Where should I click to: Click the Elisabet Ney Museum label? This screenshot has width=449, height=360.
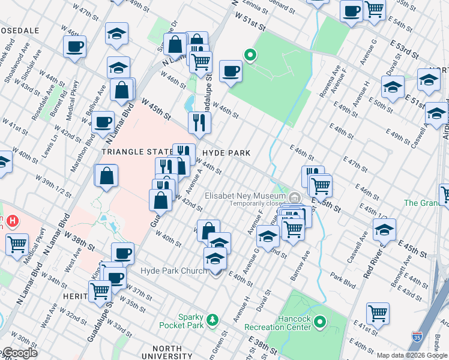click(x=244, y=196)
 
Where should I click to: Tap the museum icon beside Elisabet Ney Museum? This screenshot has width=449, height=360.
click(x=295, y=197)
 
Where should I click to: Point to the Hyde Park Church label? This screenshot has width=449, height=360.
click(x=173, y=271)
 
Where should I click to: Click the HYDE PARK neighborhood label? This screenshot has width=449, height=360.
click(x=227, y=153)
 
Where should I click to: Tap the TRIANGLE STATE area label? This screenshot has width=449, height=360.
click(x=133, y=152)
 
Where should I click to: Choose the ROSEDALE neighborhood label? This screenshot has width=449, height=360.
click(x=20, y=30)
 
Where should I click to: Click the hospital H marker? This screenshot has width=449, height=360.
click(x=12, y=221)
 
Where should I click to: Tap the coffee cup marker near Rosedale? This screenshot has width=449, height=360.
click(x=75, y=46)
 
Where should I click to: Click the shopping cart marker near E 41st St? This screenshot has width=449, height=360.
click(x=378, y=313)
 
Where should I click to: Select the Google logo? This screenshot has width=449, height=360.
click(x=19, y=353)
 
